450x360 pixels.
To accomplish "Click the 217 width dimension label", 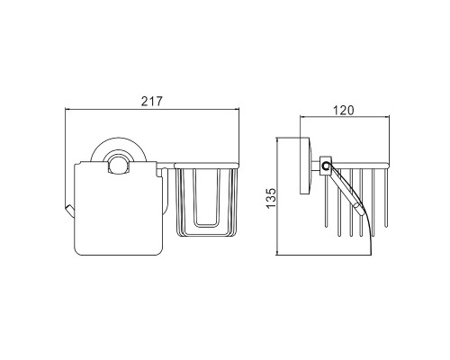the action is pos(151,102).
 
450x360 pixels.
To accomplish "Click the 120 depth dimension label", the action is pos(344,111).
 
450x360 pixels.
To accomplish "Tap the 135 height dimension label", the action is pos(271,198).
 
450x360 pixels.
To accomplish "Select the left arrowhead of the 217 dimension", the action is pos(67,110).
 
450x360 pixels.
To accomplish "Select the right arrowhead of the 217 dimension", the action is pos(237,110).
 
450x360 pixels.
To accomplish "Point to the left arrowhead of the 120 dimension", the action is pos(302,118).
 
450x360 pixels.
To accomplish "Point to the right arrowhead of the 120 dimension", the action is pos(387,118).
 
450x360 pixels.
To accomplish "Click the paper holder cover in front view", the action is pos(118,209).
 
